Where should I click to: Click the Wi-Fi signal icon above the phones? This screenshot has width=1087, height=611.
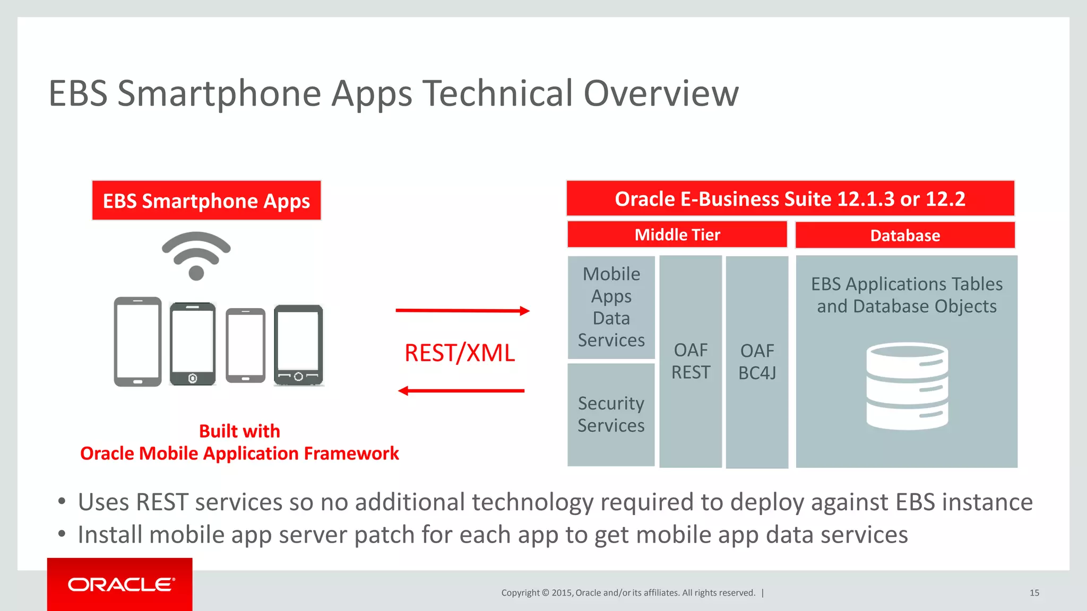point(196,256)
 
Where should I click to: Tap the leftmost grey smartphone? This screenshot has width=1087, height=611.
point(137,342)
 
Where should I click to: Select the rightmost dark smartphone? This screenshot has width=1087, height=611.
point(298,345)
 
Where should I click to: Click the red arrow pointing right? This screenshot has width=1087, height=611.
point(462,311)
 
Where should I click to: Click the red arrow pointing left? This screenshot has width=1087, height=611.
point(461,391)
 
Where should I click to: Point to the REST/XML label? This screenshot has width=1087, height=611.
point(460,353)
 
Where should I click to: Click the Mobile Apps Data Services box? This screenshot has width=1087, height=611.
point(611,307)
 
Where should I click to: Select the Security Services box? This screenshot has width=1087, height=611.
point(611,414)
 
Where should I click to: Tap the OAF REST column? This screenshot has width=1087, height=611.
point(691,361)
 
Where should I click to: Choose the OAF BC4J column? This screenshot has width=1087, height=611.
point(757,362)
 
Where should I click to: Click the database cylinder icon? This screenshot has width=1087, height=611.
point(907,386)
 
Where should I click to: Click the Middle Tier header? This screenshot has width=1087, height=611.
point(677,234)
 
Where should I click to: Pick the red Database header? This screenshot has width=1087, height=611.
point(905,235)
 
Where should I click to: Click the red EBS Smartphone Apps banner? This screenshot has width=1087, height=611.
point(206,201)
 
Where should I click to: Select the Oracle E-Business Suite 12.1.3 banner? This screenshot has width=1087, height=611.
point(790,199)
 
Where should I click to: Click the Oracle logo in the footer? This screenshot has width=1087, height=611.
point(120,584)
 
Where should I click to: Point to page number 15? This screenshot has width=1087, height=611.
point(1034,593)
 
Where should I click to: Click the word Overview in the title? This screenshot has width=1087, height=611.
point(661,93)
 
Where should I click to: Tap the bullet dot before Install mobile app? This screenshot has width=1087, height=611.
point(62,534)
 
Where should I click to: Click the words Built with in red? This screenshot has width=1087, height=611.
point(239,431)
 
